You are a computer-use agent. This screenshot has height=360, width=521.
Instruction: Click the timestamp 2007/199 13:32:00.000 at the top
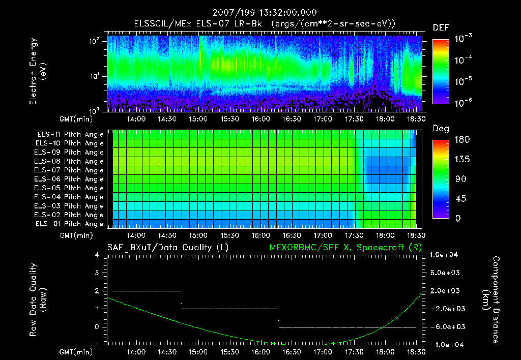coord(260,12)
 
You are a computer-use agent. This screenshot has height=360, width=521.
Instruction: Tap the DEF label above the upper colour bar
coord(441,27)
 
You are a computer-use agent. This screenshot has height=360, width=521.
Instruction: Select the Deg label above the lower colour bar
coord(441,129)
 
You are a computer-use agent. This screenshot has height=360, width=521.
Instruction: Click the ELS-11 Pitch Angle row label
coord(69,134)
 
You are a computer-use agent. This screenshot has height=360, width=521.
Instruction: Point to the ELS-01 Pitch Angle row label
coord(69,224)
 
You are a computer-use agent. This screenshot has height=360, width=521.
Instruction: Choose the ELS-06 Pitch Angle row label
coord(69,179)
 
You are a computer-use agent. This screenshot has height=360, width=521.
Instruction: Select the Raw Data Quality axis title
coord(38,300)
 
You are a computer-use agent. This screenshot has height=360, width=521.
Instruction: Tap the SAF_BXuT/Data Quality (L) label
coord(167,247)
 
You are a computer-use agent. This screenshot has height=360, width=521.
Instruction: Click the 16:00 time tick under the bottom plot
coord(260,351)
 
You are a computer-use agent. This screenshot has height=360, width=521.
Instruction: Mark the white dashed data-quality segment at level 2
coord(147,291)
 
